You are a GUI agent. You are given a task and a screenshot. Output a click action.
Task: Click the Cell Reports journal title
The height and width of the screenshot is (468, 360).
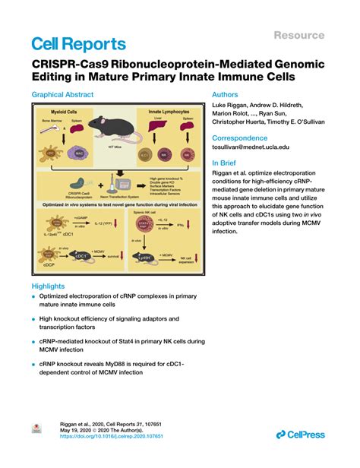point(78,43)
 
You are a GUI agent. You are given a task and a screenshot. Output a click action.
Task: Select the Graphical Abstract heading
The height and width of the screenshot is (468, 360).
point(62,95)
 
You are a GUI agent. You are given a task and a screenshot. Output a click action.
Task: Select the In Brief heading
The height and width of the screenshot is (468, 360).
point(227,163)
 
